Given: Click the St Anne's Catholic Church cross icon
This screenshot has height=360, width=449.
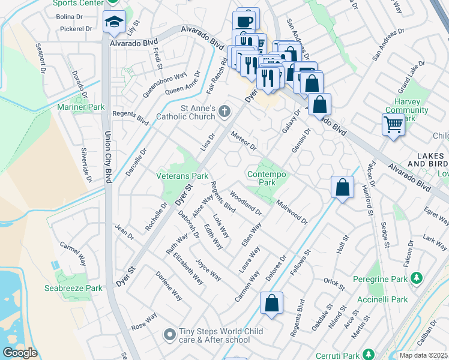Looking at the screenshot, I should (224, 111).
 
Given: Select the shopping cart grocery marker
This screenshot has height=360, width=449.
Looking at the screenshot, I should (393, 125).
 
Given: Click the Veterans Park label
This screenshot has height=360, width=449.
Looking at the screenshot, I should (182, 176).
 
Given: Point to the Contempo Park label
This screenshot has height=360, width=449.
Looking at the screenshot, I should (267, 178).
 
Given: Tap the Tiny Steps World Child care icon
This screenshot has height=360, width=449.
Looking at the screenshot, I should (170, 332).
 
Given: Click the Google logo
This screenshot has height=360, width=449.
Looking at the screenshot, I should (20, 353).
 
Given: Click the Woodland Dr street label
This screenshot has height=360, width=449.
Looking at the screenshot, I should (246, 202).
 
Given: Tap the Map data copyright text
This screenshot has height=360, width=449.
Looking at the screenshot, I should (423, 355).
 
